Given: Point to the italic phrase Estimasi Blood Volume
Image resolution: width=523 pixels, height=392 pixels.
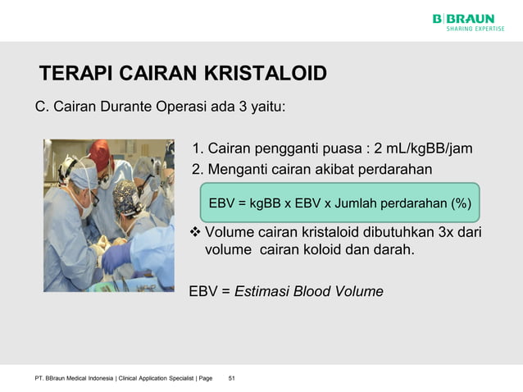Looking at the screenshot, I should click(x=308, y=291).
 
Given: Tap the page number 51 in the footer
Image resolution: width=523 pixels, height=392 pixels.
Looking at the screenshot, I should click(x=232, y=377).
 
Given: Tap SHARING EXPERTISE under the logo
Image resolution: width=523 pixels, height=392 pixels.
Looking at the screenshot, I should click(x=475, y=29).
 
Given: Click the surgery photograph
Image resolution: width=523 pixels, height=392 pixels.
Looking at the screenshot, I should click(x=109, y=215).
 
